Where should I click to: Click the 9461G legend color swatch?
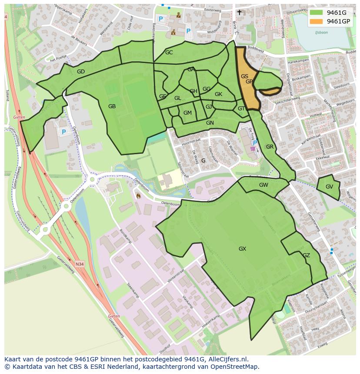[316, 13]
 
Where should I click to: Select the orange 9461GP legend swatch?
[316, 21]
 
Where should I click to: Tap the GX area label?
[242, 249]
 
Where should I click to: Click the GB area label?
[112, 106]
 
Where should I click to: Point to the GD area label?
[80, 72]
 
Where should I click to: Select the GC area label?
[169, 53]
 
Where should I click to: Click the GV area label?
[329, 187]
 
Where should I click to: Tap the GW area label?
[263, 185]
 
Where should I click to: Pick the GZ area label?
[307, 255]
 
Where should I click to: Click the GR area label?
[270, 147]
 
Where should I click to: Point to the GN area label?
[210, 123]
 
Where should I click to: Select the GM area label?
[187, 113]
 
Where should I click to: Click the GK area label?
[218, 94]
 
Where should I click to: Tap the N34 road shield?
[79, 264]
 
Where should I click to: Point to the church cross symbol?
[239, 13]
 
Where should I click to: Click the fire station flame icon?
[138, 196]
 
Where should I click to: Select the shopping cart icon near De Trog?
[253, 149]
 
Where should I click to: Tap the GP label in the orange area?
[249, 82]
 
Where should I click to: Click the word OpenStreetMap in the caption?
[236, 367]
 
